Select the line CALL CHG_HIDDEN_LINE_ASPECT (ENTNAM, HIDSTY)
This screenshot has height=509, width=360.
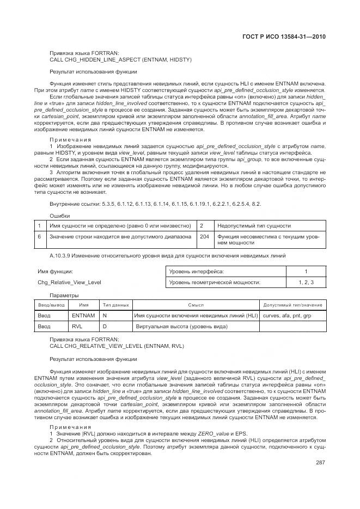click(120, 59)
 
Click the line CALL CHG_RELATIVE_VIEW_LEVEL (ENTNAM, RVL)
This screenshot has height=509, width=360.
click(117, 346)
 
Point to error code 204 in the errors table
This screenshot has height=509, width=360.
click(204, 237)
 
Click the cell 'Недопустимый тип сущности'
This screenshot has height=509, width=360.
click(253, 225)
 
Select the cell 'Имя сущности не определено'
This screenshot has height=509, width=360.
click(120, 225)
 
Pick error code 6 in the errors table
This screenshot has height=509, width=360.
click(39, 237)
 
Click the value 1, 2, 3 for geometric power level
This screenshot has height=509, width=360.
click(306, 282)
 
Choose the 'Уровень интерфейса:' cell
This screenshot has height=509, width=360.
click(197, 271)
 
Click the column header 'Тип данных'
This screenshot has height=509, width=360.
click(115, 305)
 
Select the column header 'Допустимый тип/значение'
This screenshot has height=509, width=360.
click(292, 305)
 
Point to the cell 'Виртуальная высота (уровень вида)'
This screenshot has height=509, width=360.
click(180, 327)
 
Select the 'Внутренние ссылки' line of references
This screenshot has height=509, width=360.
click(155, 203)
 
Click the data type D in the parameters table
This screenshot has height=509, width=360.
click(105, 327)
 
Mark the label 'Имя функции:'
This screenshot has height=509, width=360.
click(55, 271)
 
